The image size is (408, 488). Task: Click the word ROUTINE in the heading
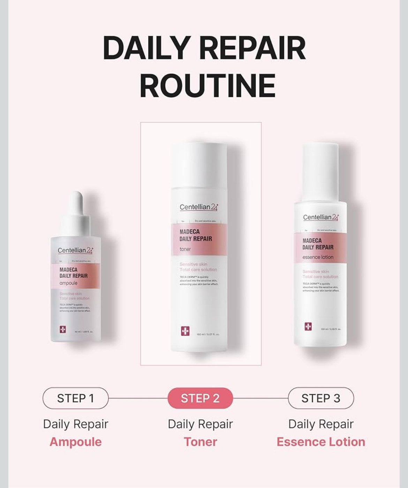207,86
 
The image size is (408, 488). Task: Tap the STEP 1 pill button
75,398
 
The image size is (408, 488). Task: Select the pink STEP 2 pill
200,398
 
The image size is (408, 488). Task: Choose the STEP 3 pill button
321,398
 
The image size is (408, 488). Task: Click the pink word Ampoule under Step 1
76,442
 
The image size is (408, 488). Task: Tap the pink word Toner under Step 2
200,442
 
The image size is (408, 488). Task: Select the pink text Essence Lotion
321,442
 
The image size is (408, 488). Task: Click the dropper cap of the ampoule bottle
76,209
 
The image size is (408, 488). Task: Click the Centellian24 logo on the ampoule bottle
75,251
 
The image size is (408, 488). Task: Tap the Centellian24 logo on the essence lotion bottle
320,218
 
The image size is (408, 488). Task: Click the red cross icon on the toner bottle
185,331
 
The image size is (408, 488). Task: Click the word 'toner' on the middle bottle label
185,249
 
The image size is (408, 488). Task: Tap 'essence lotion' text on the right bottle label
318,257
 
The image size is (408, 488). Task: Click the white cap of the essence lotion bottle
320,171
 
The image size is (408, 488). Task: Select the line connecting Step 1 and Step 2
138,398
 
